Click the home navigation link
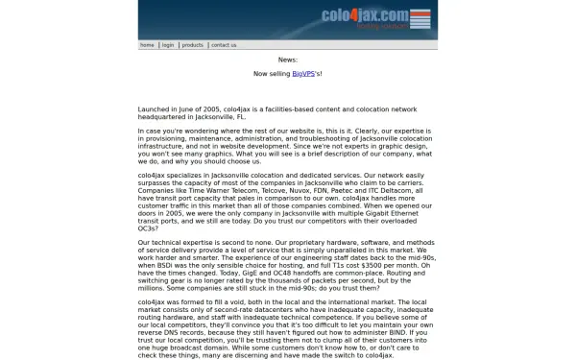tap(147, 45)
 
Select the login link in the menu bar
tap(168, 45)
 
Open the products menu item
tap(193, 45)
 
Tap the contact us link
tap(224, 45)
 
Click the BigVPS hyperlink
tap(303, 73)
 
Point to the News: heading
tap(288, 60)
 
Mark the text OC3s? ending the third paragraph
tap(150, 227)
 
